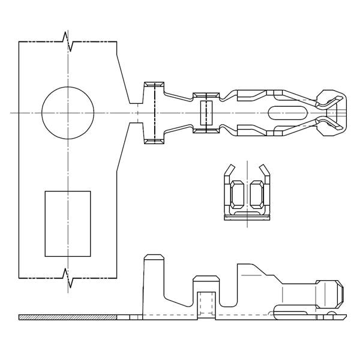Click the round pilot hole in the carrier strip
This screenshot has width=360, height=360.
pos(68,112)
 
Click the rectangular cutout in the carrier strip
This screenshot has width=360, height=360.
pos(68,224)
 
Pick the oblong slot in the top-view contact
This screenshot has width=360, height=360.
pos(287,112)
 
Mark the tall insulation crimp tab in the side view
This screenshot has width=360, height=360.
pos(154,282)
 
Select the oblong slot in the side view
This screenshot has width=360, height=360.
pos(294,310)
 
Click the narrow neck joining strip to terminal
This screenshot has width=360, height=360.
pos(137,112)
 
